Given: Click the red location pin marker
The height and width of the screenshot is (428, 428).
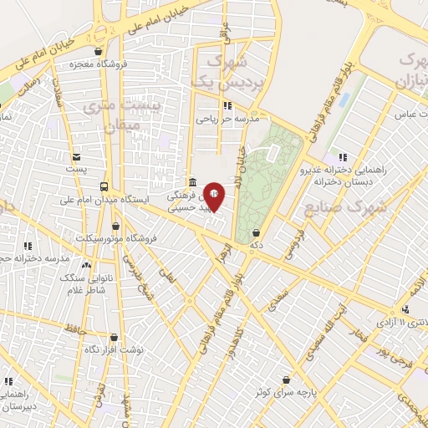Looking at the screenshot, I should tap(214, 196).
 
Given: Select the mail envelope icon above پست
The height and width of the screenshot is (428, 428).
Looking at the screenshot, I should tap(77, 156).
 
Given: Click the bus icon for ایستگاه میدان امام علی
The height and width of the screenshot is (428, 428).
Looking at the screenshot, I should tap(104, 186).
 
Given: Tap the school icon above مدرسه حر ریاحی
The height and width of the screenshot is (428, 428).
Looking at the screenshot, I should tap(227, 105).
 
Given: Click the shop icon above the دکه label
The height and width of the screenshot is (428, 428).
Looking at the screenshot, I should tap(255, 233).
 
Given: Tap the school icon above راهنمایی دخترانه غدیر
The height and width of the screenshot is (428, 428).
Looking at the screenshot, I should tap(342, 156).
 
